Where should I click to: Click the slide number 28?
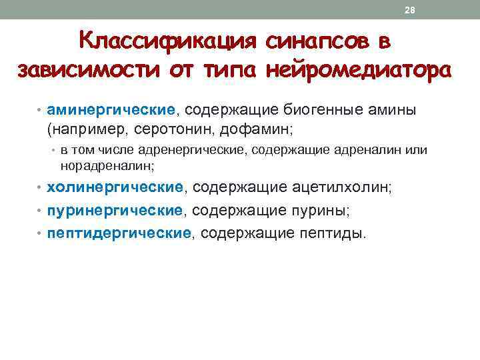click(x=410, y=10)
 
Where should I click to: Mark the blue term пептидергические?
click(x=119, y=233)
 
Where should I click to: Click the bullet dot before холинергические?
click(x=41, y=189)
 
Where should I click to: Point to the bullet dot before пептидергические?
click(x=41, y=234)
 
